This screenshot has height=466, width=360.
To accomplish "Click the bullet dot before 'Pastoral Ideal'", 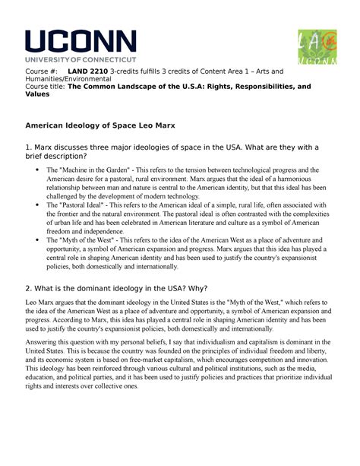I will [x=36, y=205].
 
